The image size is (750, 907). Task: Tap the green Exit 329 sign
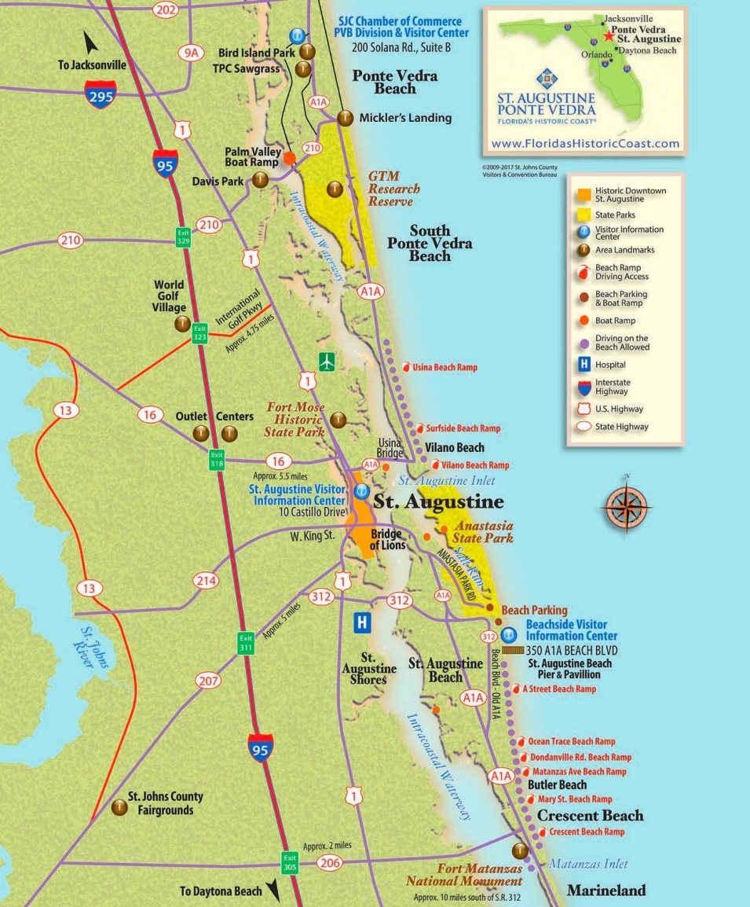(184, 237)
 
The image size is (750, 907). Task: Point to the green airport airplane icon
(328, 362)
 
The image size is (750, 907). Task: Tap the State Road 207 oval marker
(209, 681)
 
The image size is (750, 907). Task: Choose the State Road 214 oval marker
(207, 581)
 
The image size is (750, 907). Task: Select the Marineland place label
(606, 890)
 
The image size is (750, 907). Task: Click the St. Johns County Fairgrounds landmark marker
(119, 806)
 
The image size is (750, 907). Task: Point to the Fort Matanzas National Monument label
(464, 875)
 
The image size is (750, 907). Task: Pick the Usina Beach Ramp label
(445, 367)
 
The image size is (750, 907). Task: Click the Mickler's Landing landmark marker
(344, 118)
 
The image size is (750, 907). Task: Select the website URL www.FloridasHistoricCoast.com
(585, 144)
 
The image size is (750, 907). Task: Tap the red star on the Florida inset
(609, 36)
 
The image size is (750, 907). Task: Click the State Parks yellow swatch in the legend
(584, 214)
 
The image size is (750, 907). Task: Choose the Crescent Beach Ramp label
(587, 832)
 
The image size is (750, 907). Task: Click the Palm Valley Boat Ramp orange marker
(290, 158)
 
